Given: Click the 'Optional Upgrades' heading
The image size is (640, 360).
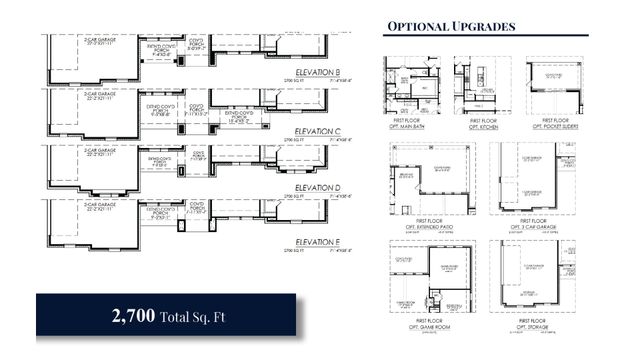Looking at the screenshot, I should [450, 25].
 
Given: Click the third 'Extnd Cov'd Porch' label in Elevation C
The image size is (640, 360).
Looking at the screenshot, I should [244, 116].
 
